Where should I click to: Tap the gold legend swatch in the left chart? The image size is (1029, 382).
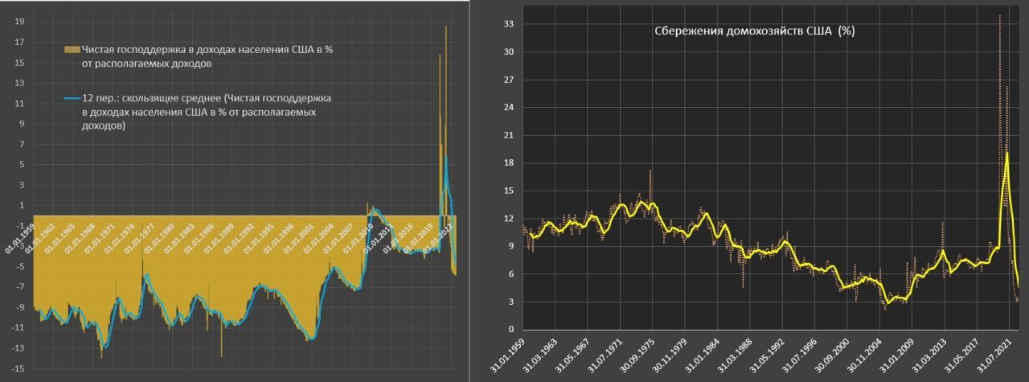click(72, 50)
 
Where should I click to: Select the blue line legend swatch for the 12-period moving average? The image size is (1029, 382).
click(72, 98)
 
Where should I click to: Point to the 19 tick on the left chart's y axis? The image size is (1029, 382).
click(18, 23)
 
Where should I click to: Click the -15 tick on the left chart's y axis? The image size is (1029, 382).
click(17, 368)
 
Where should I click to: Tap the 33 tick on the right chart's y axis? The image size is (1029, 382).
click(507, 24)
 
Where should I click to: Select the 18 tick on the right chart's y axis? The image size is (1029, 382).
click(507, 163)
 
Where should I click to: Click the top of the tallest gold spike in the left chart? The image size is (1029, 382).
click(446, 27)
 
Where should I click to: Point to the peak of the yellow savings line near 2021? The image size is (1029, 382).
click(1006, 153)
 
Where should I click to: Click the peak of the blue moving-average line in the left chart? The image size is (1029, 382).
click(446, 158)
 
